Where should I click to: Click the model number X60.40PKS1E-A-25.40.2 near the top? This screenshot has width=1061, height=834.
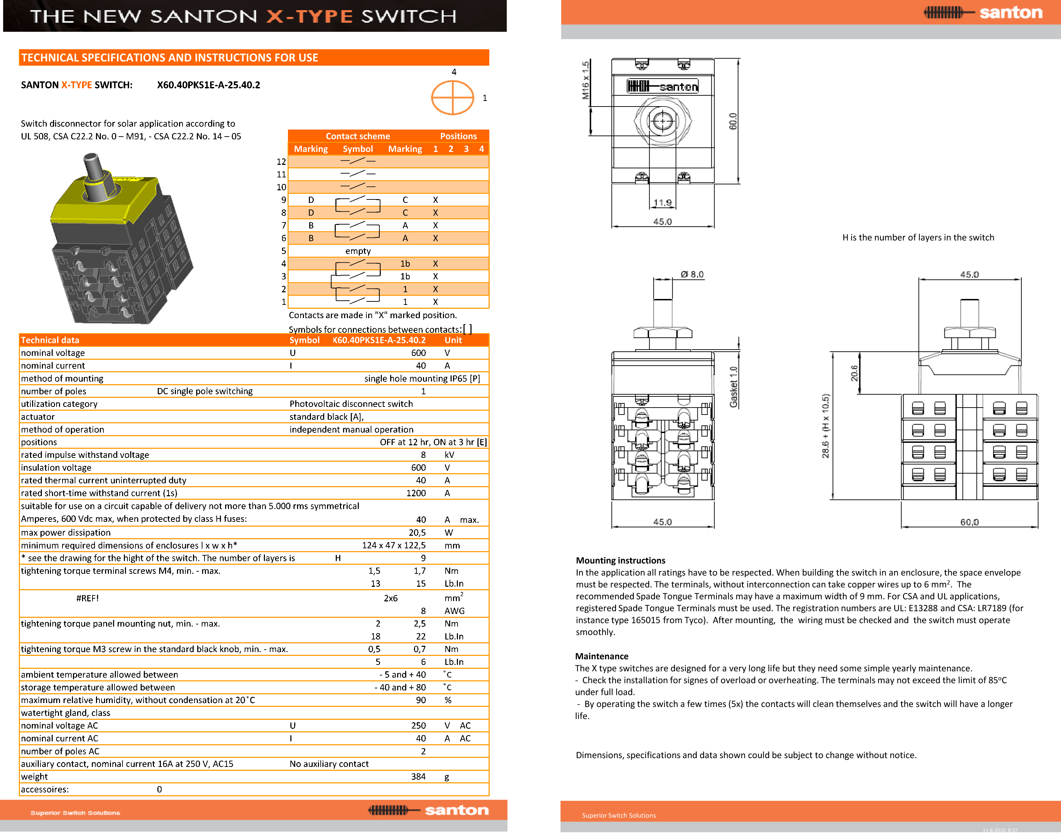[208, 85]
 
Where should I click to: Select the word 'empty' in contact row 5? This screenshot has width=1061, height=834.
[358, 251]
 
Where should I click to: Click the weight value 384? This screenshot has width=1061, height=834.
[418, 776]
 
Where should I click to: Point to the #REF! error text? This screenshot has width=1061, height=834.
[87, 598]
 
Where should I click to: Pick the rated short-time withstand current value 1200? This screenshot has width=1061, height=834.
[416, 493]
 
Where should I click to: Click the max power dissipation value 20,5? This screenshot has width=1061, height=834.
[417, 533]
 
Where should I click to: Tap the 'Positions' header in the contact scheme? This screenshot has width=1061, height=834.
[458, 136]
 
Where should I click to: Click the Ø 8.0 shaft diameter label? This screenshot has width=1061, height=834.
[692, 275]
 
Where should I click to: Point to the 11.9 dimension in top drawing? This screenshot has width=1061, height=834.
[662, 203]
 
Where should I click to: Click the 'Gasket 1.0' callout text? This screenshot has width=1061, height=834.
[734, 387]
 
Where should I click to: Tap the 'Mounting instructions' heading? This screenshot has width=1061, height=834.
[620, 561]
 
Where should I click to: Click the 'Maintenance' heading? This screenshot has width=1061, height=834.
[602, 656]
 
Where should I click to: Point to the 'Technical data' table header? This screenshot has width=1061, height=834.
[50, 340]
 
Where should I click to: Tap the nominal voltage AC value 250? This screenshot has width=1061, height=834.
[418, 726]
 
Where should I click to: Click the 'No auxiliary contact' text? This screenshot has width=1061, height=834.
[329, 764]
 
